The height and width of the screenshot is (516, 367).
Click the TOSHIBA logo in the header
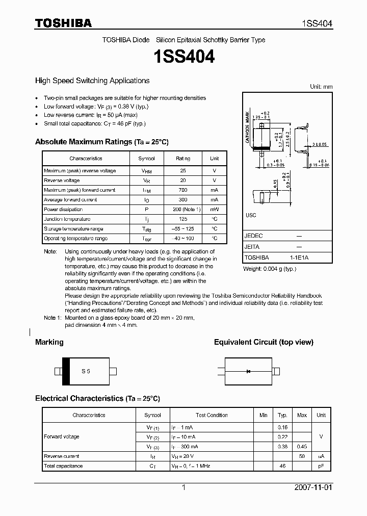63,23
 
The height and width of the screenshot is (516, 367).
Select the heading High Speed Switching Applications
92,81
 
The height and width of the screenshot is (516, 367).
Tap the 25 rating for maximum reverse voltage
183,171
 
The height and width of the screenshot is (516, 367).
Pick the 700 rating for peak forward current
183,190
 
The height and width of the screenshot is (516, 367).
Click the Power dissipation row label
63,210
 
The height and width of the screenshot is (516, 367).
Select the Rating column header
183,159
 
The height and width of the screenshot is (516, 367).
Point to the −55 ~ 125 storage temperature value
183,229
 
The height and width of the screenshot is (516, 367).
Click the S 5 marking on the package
86,371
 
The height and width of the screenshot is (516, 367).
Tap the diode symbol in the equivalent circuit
248,371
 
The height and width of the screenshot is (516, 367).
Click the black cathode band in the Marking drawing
66,371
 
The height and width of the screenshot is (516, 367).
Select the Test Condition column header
212,415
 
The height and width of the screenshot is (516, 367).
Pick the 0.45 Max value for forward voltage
302,447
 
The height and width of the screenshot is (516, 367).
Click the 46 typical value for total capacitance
282,466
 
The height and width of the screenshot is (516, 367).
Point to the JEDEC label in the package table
253,236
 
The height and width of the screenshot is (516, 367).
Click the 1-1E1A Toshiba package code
299,257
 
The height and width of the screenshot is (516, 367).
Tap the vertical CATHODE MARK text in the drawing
247,127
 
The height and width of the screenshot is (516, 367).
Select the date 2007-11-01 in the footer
313,487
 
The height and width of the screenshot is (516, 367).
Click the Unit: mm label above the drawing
321,87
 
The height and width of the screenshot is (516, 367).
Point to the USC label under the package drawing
251,215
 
